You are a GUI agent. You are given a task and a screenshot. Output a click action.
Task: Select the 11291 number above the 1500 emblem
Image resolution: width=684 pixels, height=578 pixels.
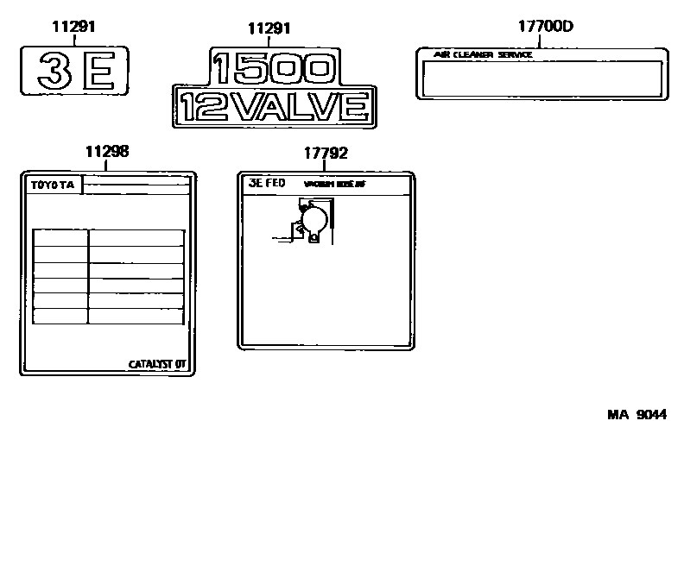[x=269, y=28]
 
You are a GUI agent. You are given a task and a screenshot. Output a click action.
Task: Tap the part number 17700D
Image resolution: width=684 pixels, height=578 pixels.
[x=545, y=26]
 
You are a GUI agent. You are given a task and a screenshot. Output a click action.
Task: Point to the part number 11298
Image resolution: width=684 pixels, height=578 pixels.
[x=107, y=151]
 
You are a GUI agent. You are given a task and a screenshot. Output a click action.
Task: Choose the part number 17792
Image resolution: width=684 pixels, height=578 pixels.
[x=326, y=153]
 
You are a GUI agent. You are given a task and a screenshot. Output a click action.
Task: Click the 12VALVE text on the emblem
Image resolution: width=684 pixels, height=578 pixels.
[x=274, y=107]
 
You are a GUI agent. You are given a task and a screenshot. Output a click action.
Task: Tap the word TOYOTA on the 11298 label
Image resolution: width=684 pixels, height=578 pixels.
[x=54, y=185]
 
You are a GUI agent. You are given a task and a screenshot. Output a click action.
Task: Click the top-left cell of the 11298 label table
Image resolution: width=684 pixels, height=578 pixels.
[x=60, y=238]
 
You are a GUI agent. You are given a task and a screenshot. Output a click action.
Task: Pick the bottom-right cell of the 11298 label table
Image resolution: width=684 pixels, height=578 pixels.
[x=136, y=317]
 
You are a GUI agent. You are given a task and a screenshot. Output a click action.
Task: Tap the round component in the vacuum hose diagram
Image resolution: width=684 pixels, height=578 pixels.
[x=313, y=221]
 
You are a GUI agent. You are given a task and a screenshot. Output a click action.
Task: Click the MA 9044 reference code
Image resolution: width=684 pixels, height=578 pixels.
[x=636, y=414]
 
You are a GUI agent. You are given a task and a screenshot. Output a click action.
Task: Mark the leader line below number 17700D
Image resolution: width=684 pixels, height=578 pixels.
[x=545, y=40]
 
